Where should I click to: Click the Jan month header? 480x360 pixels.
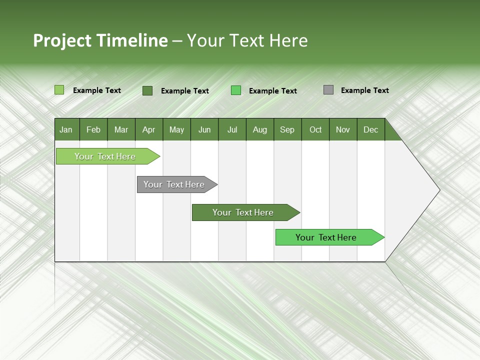66,129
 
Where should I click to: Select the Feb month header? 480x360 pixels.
93,129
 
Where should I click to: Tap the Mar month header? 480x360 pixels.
121,129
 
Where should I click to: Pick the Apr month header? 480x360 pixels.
149,129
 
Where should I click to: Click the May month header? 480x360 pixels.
176,129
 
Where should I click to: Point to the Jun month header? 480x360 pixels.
204,129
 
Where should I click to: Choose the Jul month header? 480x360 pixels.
232,129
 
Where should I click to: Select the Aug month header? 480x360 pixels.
260,129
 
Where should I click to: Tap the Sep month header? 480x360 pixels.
287,129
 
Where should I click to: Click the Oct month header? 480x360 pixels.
315,129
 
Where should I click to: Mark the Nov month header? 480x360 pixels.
343,129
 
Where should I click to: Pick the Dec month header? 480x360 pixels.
371,129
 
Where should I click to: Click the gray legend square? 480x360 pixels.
328,90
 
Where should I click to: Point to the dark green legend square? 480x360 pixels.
147,90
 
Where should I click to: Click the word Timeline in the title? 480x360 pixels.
132,40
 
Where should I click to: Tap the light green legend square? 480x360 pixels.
59,90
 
